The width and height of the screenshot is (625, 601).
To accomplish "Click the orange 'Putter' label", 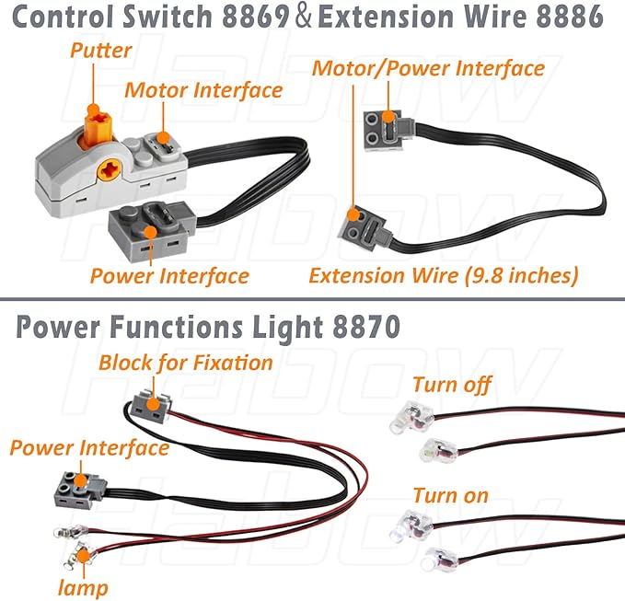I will [101, 50].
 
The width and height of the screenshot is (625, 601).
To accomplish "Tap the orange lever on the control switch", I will [93, 119].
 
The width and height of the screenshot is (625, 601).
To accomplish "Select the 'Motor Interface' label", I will [203, 90].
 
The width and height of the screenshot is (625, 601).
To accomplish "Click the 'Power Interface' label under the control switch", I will [169, 275].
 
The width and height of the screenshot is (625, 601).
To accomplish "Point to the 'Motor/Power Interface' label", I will [428, 68].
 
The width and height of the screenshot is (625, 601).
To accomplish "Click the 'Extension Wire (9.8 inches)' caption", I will [443, 275].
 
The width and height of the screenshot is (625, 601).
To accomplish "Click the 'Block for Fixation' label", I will [186, 362].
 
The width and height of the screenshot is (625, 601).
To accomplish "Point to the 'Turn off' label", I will [452, 385].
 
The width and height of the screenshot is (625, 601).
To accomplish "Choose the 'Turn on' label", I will [450, 495].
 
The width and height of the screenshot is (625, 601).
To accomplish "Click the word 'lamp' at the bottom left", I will [82, 586].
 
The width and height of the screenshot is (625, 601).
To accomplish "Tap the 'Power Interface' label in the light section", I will [89, 447].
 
